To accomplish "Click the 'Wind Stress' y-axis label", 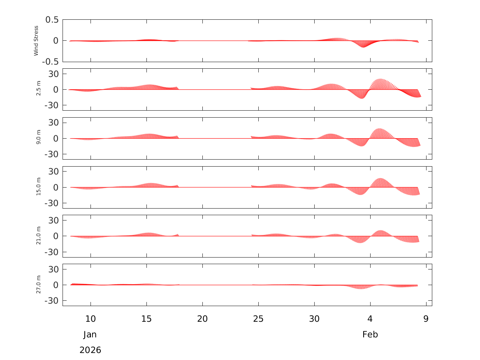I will (36, 41).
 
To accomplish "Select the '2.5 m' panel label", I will (38, 89).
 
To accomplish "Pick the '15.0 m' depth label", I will (38, 187).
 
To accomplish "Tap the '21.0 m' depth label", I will (38, 236).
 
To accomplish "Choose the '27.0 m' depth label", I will (38, 285).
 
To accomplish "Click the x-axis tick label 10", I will (90, 319).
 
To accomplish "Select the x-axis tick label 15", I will (146, 319).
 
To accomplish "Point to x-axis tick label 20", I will (202, 319).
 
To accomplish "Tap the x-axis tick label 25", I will (258, 319).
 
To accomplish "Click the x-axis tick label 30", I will (314, 319).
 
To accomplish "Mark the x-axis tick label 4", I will (370, 319).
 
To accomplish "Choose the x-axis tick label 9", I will (426, 319).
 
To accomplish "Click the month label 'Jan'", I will (90, 334).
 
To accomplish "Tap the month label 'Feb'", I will (370, 334).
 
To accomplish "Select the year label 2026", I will (90, 350).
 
